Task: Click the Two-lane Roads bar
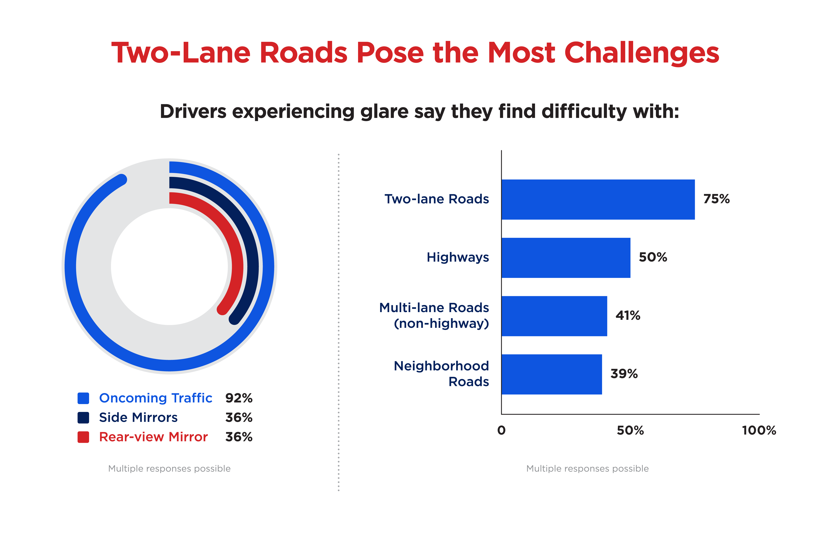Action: coord(598,200)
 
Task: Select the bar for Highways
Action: coord(566,258)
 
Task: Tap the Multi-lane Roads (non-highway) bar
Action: coord(554,316)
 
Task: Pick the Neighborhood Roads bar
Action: coord(552,374)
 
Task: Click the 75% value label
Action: coord(716,199)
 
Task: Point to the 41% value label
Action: coord(628,316)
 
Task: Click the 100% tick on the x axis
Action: coord(759,431)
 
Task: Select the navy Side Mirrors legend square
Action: coord(83,417)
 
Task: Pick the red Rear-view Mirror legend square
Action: coord(83,437)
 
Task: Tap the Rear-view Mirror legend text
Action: coord(153,437)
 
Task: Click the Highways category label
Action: coord(458,257)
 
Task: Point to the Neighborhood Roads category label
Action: coord(441,374)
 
